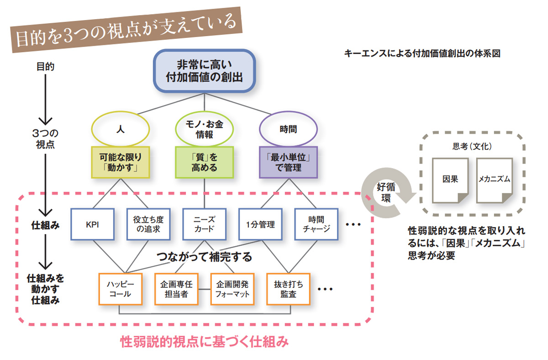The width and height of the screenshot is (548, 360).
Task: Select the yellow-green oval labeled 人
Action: pos(121,129)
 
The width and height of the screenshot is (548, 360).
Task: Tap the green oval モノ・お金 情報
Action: pos(204,129)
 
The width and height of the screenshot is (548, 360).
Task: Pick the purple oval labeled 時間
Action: pos(288,129)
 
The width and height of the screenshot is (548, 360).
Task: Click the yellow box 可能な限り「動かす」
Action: pos(121,162)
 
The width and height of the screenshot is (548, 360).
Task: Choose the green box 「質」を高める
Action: pos(204,162)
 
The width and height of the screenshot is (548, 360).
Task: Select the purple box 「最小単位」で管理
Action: pos(288,162)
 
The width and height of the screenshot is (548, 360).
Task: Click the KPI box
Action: pos(93,224)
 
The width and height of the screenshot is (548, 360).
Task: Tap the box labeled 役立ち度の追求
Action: pos(148,224)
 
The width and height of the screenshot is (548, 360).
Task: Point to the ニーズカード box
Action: pos(204,224)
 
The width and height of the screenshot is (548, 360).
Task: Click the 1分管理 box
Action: pos(260,224)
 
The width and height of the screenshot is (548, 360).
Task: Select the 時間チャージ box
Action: pos(316,224)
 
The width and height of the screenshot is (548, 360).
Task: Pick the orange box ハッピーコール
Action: pos(121,289)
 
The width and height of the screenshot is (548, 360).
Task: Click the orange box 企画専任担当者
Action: pos(176,289)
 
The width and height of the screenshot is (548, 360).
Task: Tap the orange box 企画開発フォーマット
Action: pos(232,289)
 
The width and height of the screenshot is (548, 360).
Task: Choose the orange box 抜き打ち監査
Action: pos(288,289)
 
